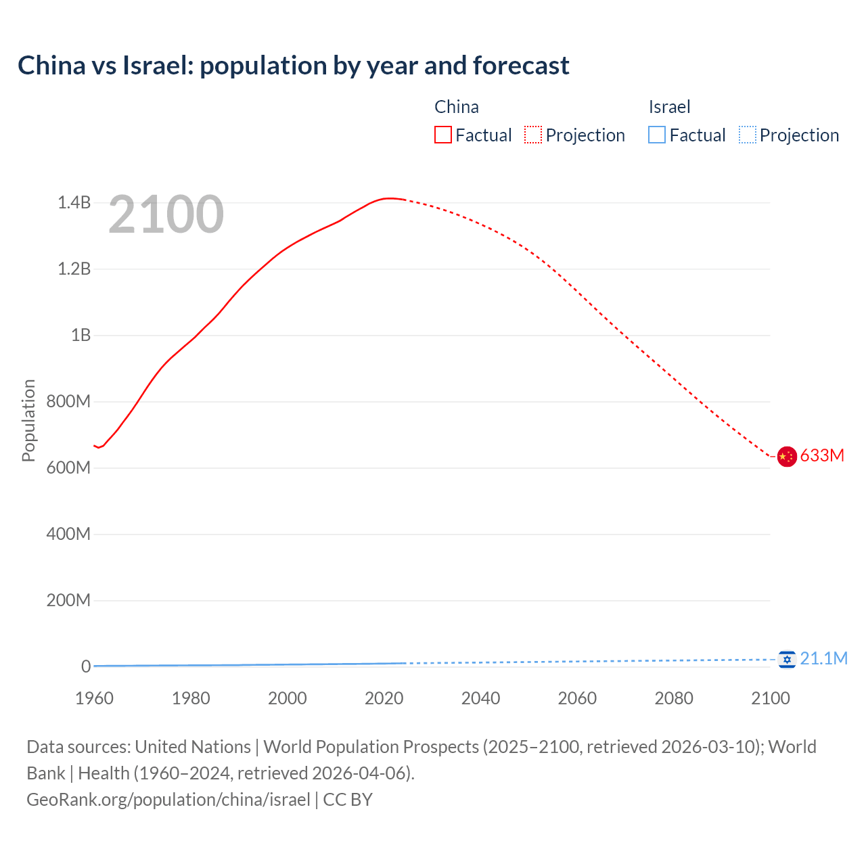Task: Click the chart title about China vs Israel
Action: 293,66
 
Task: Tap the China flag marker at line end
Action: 786,457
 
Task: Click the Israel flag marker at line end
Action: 786,659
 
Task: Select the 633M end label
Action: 822,455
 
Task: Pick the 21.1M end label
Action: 823,658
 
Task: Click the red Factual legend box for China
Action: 443,135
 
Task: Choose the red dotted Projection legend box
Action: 533,135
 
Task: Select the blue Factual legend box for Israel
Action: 657,135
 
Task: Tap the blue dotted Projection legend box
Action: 748,135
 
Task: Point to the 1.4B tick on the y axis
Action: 74,202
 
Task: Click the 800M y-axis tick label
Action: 68,401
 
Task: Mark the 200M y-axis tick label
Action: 68,600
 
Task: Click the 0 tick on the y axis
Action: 86,666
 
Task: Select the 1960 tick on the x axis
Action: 94,698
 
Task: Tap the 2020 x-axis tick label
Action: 384,698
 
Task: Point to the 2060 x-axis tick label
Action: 577,698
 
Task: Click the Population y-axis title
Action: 28,420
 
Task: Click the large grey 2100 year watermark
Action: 166,214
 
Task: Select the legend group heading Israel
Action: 669,107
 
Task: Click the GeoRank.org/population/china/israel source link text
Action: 168,799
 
